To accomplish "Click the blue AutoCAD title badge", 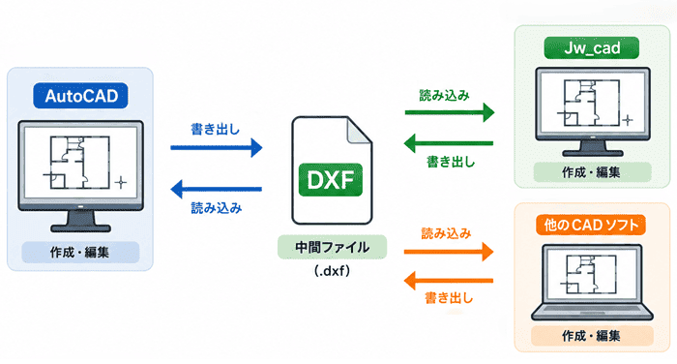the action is coord(80,96).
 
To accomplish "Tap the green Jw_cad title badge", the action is coord(591,47).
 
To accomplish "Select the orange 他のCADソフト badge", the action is coord(591,225).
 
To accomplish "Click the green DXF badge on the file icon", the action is coord(331,180).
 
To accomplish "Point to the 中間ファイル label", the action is coord(332,247).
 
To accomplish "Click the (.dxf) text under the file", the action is coord(332,271).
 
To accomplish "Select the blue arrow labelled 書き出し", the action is coord(217,148).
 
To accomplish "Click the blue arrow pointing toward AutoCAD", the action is coord(217,189).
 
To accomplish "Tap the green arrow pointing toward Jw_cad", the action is coord(450,112).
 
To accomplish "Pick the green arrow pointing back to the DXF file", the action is coord(449,143).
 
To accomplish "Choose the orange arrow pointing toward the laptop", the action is coord(449,252).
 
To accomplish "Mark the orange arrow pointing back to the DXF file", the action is coord(449,281).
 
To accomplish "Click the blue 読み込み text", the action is coord(217,208).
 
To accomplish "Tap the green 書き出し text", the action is coord(451,162).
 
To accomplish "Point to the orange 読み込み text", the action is coord(446,234).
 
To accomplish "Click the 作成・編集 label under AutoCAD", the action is coord(80,253).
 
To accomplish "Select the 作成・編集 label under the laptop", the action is coord(592,336).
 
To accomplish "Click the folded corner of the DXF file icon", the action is coord(360,130).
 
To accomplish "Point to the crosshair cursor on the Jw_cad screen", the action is coord(628,120).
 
